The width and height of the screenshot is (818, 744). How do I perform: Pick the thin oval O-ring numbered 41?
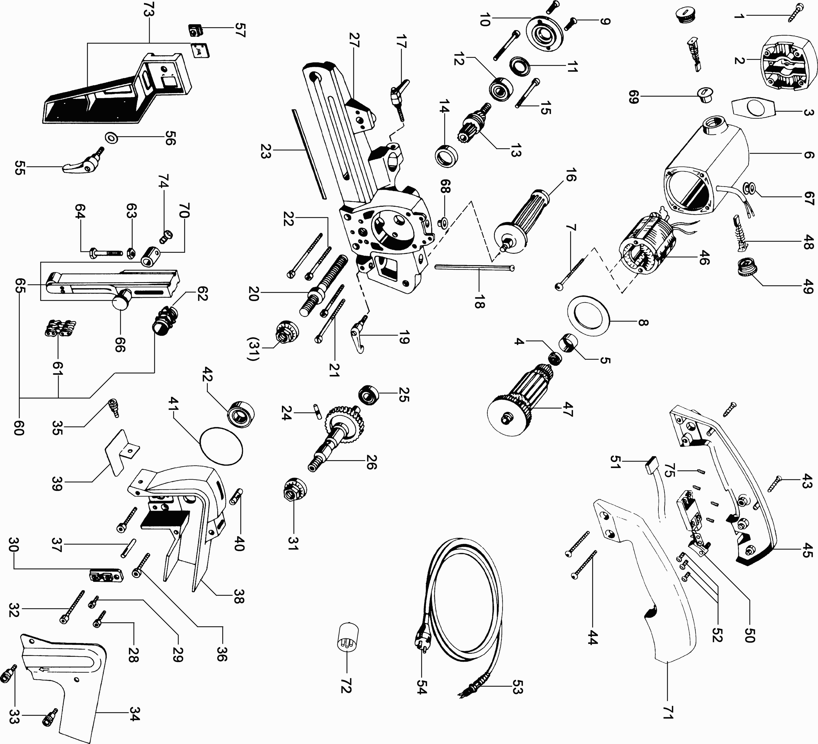221,445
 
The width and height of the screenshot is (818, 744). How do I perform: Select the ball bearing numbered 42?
241,414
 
